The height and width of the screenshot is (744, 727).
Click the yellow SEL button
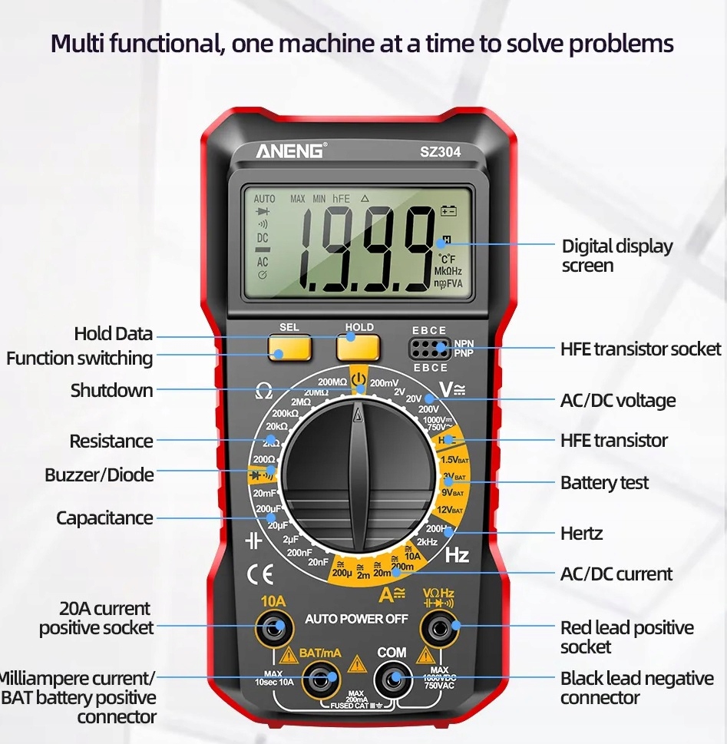289,348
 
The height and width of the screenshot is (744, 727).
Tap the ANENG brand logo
290,150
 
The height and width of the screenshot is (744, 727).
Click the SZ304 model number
440,152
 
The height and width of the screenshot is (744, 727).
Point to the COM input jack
393,679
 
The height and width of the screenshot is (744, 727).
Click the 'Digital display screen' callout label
616,256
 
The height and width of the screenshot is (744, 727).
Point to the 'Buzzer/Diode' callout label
99,475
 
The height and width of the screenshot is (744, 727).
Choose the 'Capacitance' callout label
104,518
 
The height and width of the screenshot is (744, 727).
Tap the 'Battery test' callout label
604,483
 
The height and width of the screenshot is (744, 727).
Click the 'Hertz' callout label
581,533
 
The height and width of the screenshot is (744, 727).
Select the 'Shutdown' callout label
112,390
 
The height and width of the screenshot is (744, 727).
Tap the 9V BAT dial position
452,493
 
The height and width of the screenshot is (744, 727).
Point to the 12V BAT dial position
451,510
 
